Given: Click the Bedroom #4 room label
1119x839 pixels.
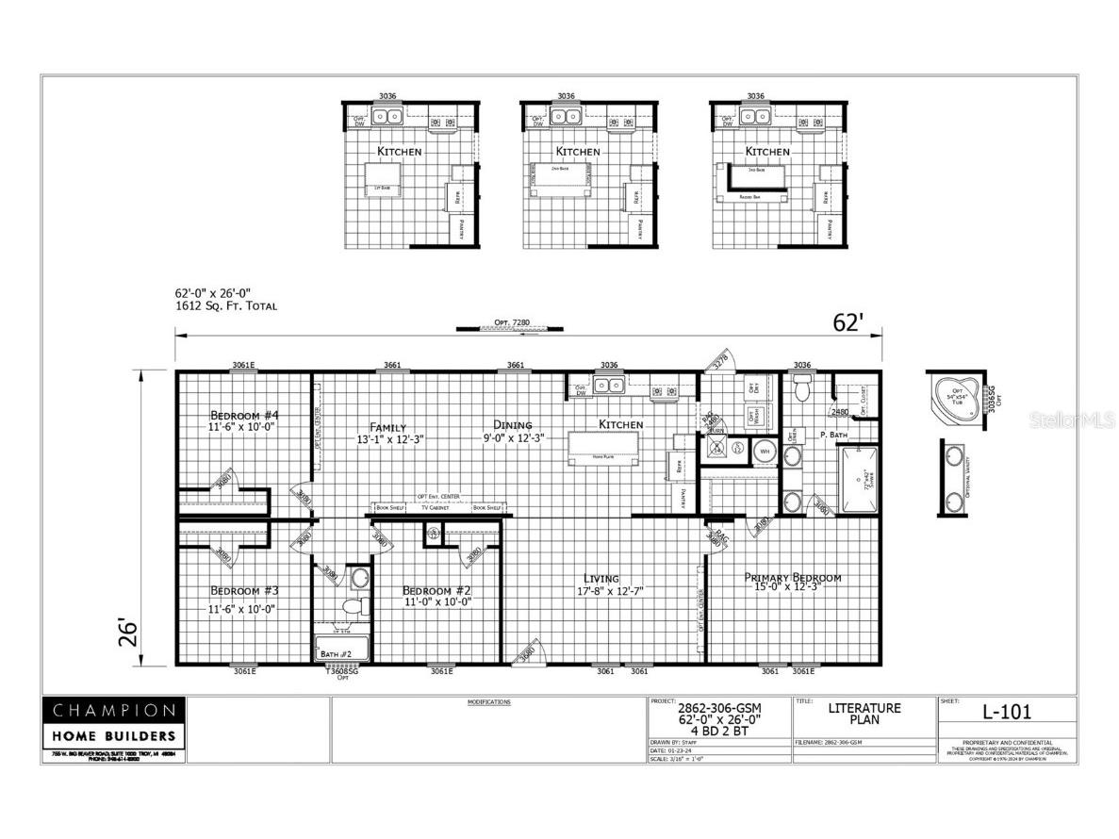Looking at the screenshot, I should tap(244, 416).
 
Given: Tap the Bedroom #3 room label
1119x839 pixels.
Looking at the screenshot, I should tap(244, 591).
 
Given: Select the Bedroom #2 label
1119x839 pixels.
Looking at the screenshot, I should tap(437, 591).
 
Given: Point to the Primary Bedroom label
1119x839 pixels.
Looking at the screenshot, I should tap(793, 578).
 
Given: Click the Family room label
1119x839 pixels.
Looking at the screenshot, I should tap(387, 426).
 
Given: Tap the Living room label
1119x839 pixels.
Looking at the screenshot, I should tap(601, 578).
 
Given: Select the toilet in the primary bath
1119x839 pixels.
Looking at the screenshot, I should tap(803, 388).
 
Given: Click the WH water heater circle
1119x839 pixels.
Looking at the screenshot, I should tap(765, 450).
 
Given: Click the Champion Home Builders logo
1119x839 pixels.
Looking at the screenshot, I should tap(113, 722).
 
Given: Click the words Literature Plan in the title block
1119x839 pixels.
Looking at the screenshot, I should tap(864, 715).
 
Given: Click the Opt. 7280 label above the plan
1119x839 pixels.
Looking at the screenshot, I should tap(511, 323).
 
